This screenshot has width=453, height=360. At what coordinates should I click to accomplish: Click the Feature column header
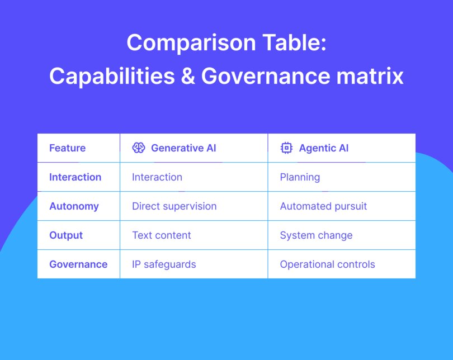[67, 148]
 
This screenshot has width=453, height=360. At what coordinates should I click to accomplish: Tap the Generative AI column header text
[183, 148]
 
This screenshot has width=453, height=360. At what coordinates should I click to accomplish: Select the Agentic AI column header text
[323, 148]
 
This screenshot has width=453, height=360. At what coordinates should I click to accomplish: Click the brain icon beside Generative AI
[139, 148]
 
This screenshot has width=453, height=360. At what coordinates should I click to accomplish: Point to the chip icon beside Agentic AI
[286, 148]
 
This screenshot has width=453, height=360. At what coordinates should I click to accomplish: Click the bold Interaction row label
[75, 177]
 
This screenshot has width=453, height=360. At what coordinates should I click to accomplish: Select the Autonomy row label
[74, 206]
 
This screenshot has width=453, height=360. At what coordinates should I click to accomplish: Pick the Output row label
[66, 235]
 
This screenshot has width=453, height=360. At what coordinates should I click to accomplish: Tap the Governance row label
[78, 264]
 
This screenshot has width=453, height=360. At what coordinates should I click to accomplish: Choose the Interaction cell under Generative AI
[157, 177]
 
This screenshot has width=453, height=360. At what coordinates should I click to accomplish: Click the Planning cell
[300, 177]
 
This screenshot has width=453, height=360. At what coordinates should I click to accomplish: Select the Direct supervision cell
[174, 206]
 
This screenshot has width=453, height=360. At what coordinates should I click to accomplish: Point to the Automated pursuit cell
[323, 206]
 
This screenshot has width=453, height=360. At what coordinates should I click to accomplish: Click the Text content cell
[161, 235]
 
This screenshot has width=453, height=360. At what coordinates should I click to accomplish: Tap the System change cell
[316, 235]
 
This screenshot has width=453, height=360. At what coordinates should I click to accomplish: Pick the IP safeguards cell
[164, 264]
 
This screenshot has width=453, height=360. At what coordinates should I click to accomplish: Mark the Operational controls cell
[327, 264]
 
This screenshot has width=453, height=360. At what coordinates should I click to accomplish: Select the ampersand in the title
[188, 76]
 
